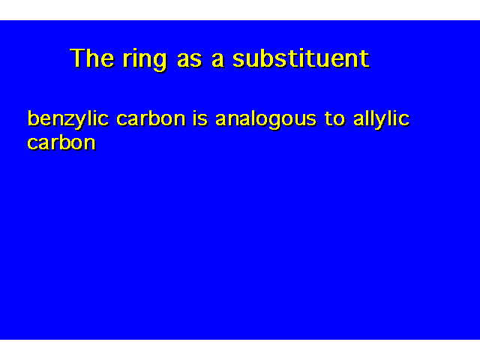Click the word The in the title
[92, 58]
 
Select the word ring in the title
[145, 60]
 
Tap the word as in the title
[190, 60]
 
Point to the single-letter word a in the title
[217, 60]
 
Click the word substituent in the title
[301, 58]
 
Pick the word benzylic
[68, 120]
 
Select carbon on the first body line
[151, 118]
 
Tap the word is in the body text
[200, 118]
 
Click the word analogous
[266, 120]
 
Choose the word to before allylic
[335, 119]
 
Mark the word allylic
[382, 120]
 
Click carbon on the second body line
[61, 142]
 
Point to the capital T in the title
[78, 58]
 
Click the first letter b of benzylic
[33, 118]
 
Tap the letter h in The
[93, 58]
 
